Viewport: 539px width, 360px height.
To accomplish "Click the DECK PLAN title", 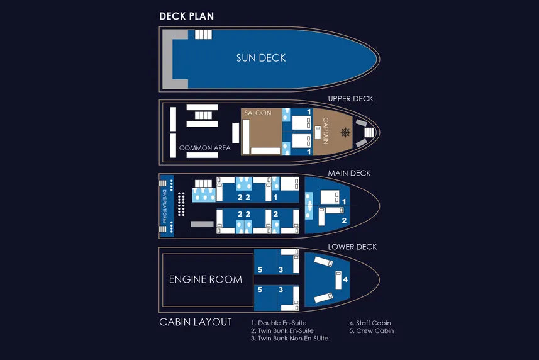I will tap(186, 16).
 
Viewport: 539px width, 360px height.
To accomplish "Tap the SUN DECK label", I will tap(261, 58).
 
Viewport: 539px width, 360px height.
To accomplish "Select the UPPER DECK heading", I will tap(350, 99).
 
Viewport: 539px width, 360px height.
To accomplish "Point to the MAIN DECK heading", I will tap(349, 173).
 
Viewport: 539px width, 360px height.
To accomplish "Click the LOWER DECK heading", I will tap(352, 247).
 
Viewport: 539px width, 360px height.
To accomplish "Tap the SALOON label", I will tap(258, 113).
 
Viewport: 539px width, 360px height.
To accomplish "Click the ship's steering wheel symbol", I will tap(345, 132).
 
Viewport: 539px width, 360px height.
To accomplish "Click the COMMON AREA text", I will tap(204, 149).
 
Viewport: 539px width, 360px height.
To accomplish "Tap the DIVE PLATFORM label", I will tap(166, 206).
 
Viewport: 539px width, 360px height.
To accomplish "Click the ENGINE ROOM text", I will tap(205, 279).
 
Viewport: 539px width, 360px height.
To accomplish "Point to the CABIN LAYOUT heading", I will tap(195, 322).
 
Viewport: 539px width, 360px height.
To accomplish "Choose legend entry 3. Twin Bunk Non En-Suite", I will tap(289, 339).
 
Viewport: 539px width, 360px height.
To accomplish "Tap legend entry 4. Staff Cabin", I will tap(370, 323).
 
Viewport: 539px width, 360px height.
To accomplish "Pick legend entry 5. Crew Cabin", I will tap(371, 330).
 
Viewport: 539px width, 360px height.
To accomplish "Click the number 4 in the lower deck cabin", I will tap(345, 279).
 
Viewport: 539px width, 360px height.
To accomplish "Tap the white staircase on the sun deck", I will tap(203, 35).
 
